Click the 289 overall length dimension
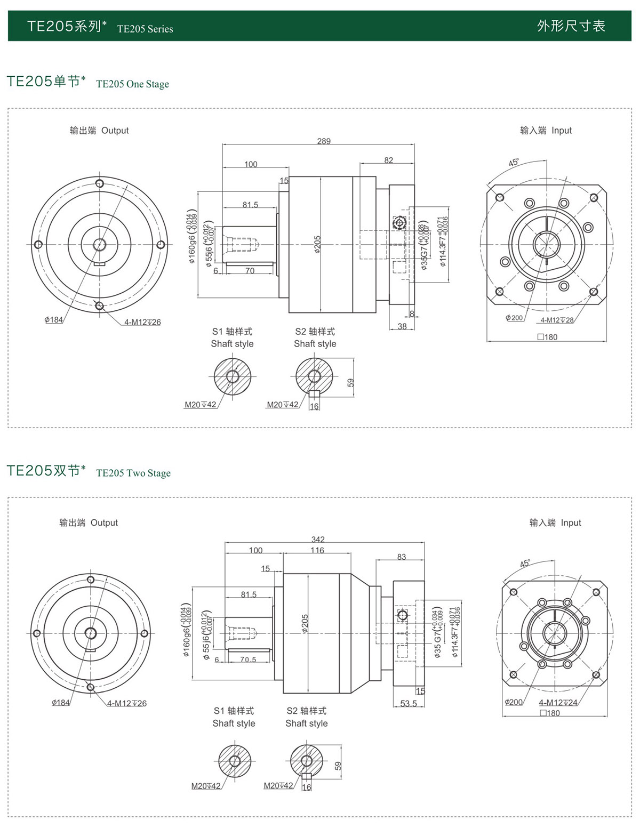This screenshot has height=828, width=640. (324, 141)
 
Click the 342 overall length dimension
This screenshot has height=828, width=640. (318, 540)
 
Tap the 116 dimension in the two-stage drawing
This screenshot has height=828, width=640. (317, 550)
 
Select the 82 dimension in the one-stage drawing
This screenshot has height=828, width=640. (388, 160)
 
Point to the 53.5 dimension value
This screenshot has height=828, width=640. (409, 703)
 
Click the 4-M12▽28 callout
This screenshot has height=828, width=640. (557, 320)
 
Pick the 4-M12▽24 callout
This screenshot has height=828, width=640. (558, 703)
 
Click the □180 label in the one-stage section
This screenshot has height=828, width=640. (547, 337)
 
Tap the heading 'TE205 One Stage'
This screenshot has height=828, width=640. (132, 84)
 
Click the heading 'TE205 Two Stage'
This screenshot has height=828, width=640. (133, 473)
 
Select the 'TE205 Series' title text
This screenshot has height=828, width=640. (145, 29)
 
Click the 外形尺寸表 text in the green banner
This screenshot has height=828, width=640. (571, 26)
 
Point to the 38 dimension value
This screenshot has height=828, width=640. (402, 326)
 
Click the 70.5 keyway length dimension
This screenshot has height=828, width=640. (248, 660)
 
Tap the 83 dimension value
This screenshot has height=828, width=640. (402, 557)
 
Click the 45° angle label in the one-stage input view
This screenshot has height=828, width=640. (514, 162)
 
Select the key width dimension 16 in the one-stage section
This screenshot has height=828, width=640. (314, 406)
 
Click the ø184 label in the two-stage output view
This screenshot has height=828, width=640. (61, 703)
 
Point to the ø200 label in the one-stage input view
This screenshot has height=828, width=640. (514, 318)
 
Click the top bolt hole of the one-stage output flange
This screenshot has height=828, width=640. (99, 183)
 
